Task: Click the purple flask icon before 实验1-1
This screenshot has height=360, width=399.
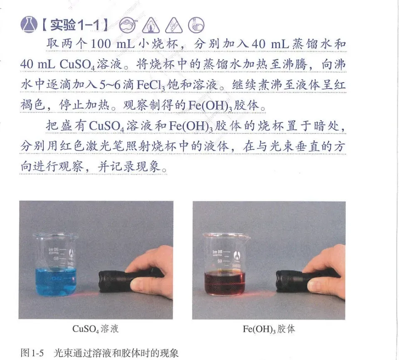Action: coord(29,25)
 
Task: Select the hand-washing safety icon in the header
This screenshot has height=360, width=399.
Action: coord(196,25)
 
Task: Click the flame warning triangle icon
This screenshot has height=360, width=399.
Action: coord(151,25)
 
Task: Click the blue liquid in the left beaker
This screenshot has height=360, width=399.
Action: coord(55,281)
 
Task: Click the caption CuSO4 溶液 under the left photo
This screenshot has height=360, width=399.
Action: coord(96,329)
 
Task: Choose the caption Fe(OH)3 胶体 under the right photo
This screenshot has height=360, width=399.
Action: coord(269,329)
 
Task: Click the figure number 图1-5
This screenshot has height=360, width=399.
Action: coord(32,353)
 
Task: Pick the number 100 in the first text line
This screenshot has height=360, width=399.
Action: coord(101,44)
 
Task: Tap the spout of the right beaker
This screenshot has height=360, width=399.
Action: coord(247,237)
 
